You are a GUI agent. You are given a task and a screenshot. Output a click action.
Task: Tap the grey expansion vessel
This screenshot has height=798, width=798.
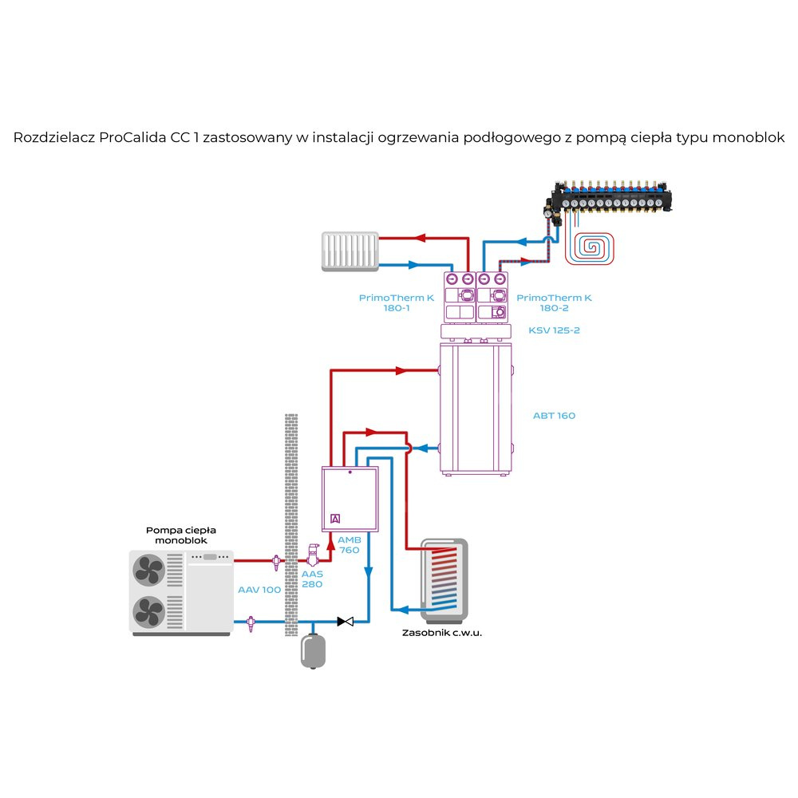[312, 650]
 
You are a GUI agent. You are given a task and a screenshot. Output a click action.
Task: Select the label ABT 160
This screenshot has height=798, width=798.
[554, 416]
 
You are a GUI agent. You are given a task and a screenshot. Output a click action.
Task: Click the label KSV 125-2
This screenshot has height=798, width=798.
[554, 329]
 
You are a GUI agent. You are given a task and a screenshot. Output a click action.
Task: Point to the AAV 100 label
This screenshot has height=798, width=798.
[259, 590]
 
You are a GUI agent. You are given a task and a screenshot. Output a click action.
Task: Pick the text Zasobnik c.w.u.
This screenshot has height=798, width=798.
[443, 632]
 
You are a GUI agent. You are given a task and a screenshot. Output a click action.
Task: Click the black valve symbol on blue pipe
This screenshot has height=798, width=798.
[346, 621]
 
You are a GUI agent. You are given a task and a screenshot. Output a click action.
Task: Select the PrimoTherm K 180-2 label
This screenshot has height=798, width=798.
[554, 302]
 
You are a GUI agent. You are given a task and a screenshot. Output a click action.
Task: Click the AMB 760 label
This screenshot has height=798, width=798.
[350, 545]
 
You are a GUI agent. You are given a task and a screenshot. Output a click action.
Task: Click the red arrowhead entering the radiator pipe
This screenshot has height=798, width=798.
[420, 237]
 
